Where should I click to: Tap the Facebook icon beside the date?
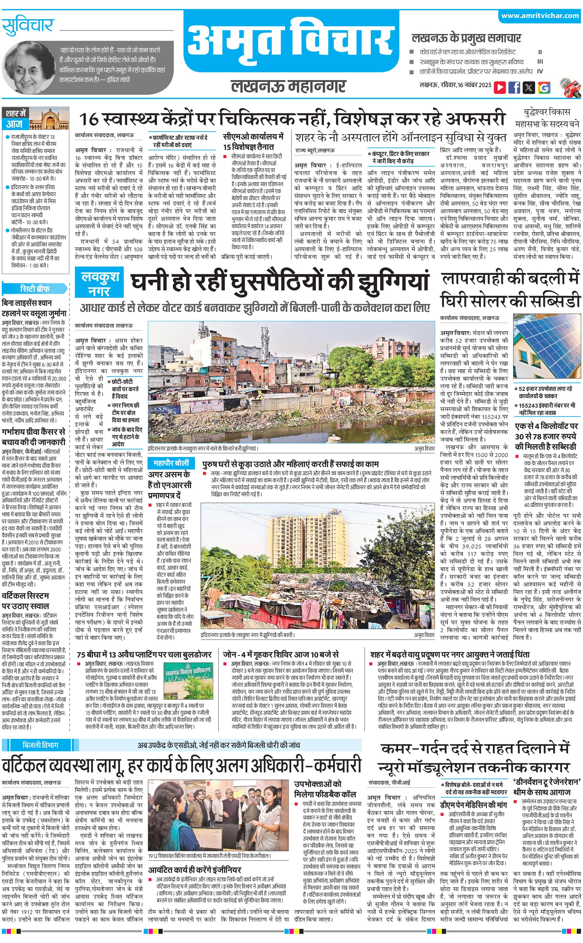pos(514,87)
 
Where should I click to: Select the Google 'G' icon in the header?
pos(544,87)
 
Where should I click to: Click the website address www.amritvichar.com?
pos(540,16)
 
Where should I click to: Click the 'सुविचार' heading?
pos(27,27)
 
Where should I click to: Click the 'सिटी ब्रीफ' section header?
pos(34,289)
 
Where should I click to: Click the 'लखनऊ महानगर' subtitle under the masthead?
pos(288,86)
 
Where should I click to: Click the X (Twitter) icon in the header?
pos(529,87)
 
